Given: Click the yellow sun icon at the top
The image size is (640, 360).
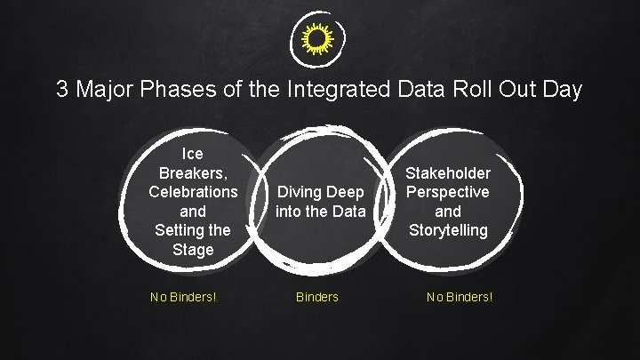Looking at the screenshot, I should [319, 40].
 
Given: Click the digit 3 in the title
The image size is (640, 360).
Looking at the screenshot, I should [62, 90].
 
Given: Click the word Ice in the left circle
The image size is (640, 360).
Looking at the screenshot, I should [192, 154].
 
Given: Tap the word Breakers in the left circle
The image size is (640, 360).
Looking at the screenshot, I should [190, 172].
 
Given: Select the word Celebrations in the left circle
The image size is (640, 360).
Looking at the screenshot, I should [193, 192].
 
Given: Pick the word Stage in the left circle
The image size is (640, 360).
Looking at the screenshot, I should [193, 250].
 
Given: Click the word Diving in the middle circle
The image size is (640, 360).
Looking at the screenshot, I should [296, 192].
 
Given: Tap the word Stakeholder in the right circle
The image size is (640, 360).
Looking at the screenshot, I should [448, 172].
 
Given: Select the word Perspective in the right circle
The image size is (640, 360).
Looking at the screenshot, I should [448, 192].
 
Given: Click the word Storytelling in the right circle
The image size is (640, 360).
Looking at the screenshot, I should [448, 230].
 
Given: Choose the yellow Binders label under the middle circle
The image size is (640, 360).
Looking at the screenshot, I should [317, 297].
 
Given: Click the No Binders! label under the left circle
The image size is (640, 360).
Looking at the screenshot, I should [182, 297].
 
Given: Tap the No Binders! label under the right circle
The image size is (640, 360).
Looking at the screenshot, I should [459, 297].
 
